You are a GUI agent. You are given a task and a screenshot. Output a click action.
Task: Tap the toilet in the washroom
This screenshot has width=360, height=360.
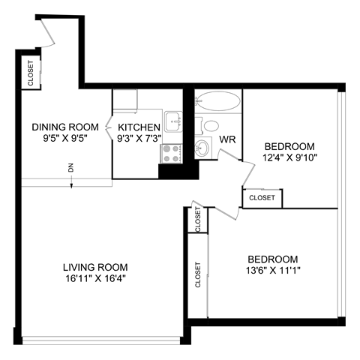(x=211, y=125)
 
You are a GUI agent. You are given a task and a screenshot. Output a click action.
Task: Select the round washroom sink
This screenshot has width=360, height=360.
(x=202, y=145)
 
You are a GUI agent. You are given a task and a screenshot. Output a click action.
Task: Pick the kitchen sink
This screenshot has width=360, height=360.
(x=173, y=118)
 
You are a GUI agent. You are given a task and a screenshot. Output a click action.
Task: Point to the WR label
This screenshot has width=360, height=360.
(x=227, y=139)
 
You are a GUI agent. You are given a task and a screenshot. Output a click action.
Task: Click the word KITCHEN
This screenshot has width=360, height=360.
(x=139, y=127)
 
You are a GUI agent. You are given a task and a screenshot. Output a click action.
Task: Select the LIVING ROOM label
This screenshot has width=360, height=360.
(x=94, y=267)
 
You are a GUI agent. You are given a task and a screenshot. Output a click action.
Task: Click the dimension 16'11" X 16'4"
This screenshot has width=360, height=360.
(x=94, y=279)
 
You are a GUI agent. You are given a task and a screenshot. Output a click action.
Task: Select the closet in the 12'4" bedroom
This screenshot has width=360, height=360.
(x=262, y=198)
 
